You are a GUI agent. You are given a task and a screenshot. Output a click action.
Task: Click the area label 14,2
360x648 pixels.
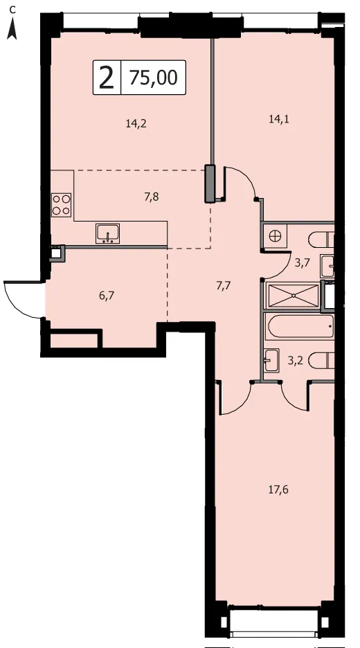pyautogui.click(x=136, y=123)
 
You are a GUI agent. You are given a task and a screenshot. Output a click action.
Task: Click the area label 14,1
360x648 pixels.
pyautogui.click(x=279, y=119)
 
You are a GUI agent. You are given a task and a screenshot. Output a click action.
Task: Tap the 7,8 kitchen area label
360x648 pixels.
pyautogui.click(x=152, y=197)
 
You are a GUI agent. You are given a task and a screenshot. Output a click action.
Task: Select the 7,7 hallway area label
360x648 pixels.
pyautogui.click(x=223, y=285)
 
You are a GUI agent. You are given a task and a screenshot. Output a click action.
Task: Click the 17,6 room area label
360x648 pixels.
pyautogui.click(x=278, y=490)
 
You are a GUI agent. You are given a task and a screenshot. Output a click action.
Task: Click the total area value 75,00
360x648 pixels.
pyautogui.click(x=153, y=78)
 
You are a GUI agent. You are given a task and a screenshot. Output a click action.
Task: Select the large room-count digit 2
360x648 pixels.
pyautogui.click(x=107, y=78)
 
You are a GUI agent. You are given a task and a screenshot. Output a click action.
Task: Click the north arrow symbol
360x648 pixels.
pyautogui.click(x=12, y=30)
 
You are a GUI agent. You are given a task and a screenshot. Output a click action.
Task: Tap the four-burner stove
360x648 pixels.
pyautogui.click(x=61, y=205)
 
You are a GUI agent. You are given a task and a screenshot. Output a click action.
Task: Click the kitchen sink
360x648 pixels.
pyautogui.click(x=107, y=233)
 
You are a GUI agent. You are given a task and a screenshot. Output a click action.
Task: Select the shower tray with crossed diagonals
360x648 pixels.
pyautogui.click(x=294, y=296)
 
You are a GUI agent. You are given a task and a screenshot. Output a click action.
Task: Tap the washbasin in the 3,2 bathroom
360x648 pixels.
pyautogui.click(x=271, y=360)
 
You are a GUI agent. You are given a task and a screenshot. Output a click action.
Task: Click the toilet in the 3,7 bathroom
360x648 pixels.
pyautogui.click(x=321, y=239)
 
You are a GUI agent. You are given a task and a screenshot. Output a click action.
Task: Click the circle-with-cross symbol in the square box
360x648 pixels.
pyautogui.click(x=274, y=236)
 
